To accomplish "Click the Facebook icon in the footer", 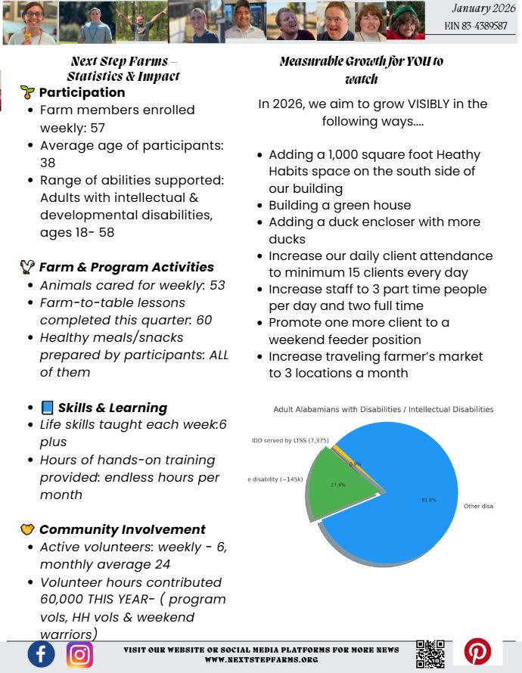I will [x=42, y=653].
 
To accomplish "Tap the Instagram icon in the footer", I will [x=79, y=653].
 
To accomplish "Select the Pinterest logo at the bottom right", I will [x=477, y=651].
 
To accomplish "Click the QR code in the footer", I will [x=430, y=653].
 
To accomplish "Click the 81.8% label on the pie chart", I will [x=428, y=500].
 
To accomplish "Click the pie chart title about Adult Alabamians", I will [x=383, y=409].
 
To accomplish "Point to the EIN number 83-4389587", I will [x=476, y=26].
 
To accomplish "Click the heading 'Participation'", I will [x=82, y=92].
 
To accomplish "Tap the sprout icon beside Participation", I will [x=27, y=92].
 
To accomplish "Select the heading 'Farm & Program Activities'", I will [x=126, y=267].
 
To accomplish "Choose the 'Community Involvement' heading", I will [x=122, y=529].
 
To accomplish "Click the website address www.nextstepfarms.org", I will [x=261, y=660].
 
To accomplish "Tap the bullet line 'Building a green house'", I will [x=340, y=205].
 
